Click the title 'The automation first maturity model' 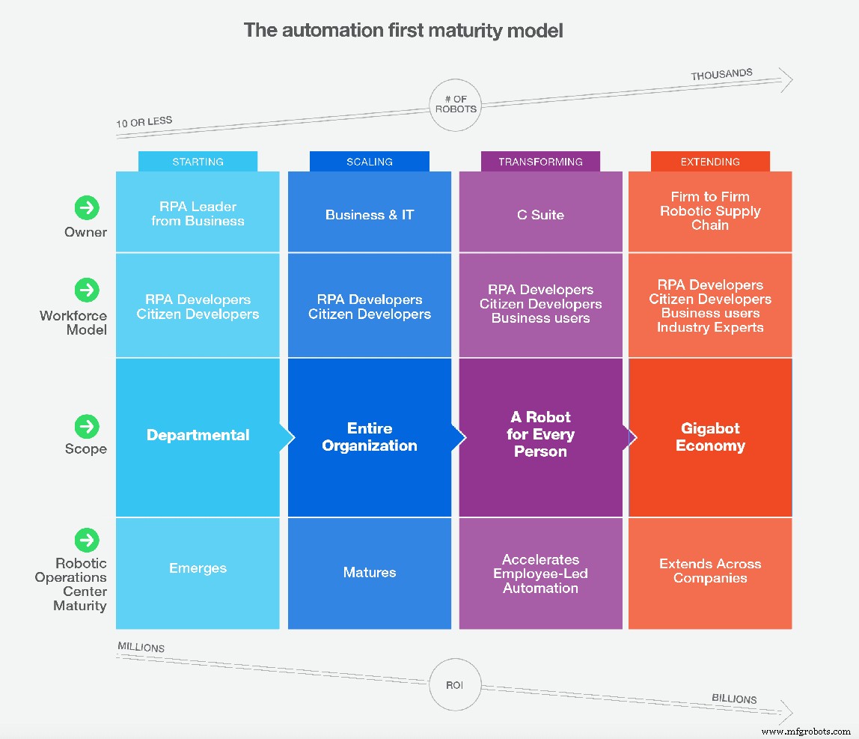(x=403, y=31)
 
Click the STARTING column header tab (x=198, y=162)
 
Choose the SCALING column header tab (x=370, y=162)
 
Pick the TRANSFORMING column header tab (x=540, y=162)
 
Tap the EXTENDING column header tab (x=710, y=162)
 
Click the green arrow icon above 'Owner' (x=88, y=207)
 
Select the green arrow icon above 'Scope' (x=88, y=426)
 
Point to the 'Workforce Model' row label (x=73, y=323)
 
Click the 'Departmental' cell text (x=198, y=435)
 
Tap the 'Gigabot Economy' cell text (x=710, y=437)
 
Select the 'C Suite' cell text (x=540, y=215)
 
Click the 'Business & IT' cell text (x=370, y=215)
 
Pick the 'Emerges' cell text (x=198, y=568)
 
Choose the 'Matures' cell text (x=370, y=573)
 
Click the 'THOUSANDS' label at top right (x=721, y=75)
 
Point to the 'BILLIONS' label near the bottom (x=733, y=699)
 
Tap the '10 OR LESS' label (x=144, y=121)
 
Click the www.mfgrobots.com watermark (x=806, y=731)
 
